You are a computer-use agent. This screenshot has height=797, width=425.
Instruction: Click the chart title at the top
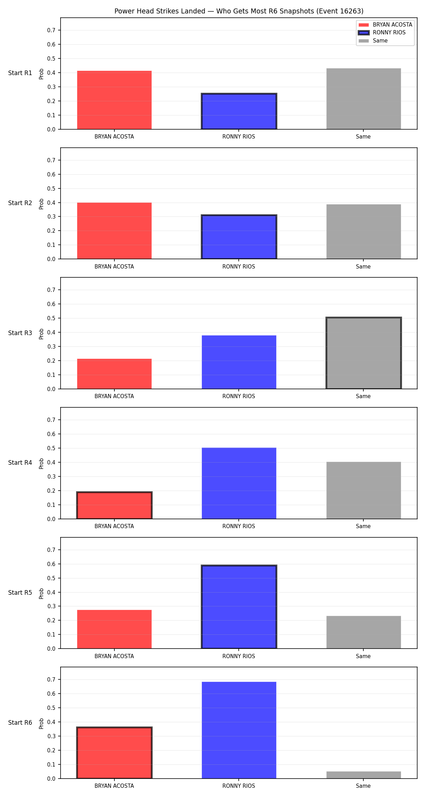point(239,11)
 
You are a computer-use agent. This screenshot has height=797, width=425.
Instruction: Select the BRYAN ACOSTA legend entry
point(385,25)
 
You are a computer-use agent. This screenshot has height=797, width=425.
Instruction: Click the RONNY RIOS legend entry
point(382,33)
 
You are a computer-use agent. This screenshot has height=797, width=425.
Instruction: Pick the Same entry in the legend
point(373,41)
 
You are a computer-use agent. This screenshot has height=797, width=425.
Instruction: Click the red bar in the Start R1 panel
point(114,100)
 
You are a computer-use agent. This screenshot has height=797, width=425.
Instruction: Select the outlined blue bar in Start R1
point(239,111)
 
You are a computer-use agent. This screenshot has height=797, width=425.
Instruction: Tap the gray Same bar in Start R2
point(364,232)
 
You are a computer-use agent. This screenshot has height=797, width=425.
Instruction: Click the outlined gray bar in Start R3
point(364,353)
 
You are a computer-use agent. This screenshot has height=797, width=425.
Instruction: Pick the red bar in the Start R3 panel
point(114,374)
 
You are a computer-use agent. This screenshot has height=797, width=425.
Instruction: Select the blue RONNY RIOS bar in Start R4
point(239,484)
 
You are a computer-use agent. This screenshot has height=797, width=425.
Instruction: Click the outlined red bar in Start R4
point(114,505)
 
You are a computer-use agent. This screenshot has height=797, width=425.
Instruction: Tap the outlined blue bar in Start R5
point(239,607)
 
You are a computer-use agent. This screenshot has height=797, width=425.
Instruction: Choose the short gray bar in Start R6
point(364,775)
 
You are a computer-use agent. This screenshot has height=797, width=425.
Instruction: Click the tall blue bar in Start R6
point(239,730)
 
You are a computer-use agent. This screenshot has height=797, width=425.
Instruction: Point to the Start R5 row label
point(20,593)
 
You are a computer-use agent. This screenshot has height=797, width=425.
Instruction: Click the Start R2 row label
point(20,203)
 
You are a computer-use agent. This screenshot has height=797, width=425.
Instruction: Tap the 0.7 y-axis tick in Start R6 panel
point(51,679)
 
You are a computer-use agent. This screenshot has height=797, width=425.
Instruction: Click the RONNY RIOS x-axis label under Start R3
point(239,396)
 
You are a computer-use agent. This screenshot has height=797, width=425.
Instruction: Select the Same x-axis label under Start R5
point(363,656)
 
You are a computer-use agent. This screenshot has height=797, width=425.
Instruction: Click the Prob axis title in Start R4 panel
point(41,463)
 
